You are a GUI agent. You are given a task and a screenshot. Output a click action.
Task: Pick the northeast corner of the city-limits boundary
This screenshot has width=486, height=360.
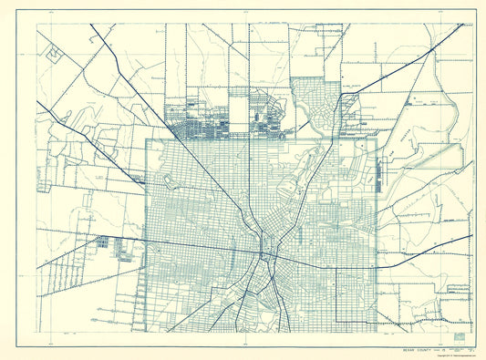[377, 139]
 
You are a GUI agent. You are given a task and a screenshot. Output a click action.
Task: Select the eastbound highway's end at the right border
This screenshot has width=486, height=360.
[472, 236]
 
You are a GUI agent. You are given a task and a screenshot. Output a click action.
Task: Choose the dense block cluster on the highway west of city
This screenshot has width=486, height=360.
[102, 243]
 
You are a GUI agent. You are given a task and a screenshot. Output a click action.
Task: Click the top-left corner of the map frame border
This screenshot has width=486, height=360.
[37, 25]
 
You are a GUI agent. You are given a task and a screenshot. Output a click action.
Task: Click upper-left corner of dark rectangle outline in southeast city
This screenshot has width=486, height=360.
[337, 271]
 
